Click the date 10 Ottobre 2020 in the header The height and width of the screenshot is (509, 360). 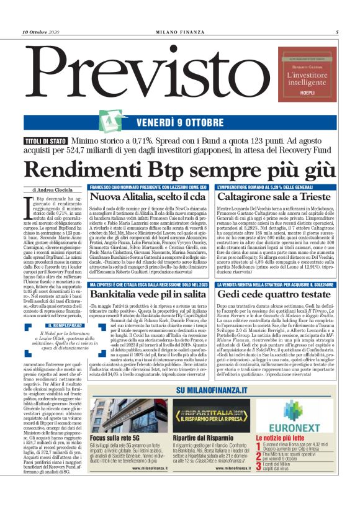(43, 32)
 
